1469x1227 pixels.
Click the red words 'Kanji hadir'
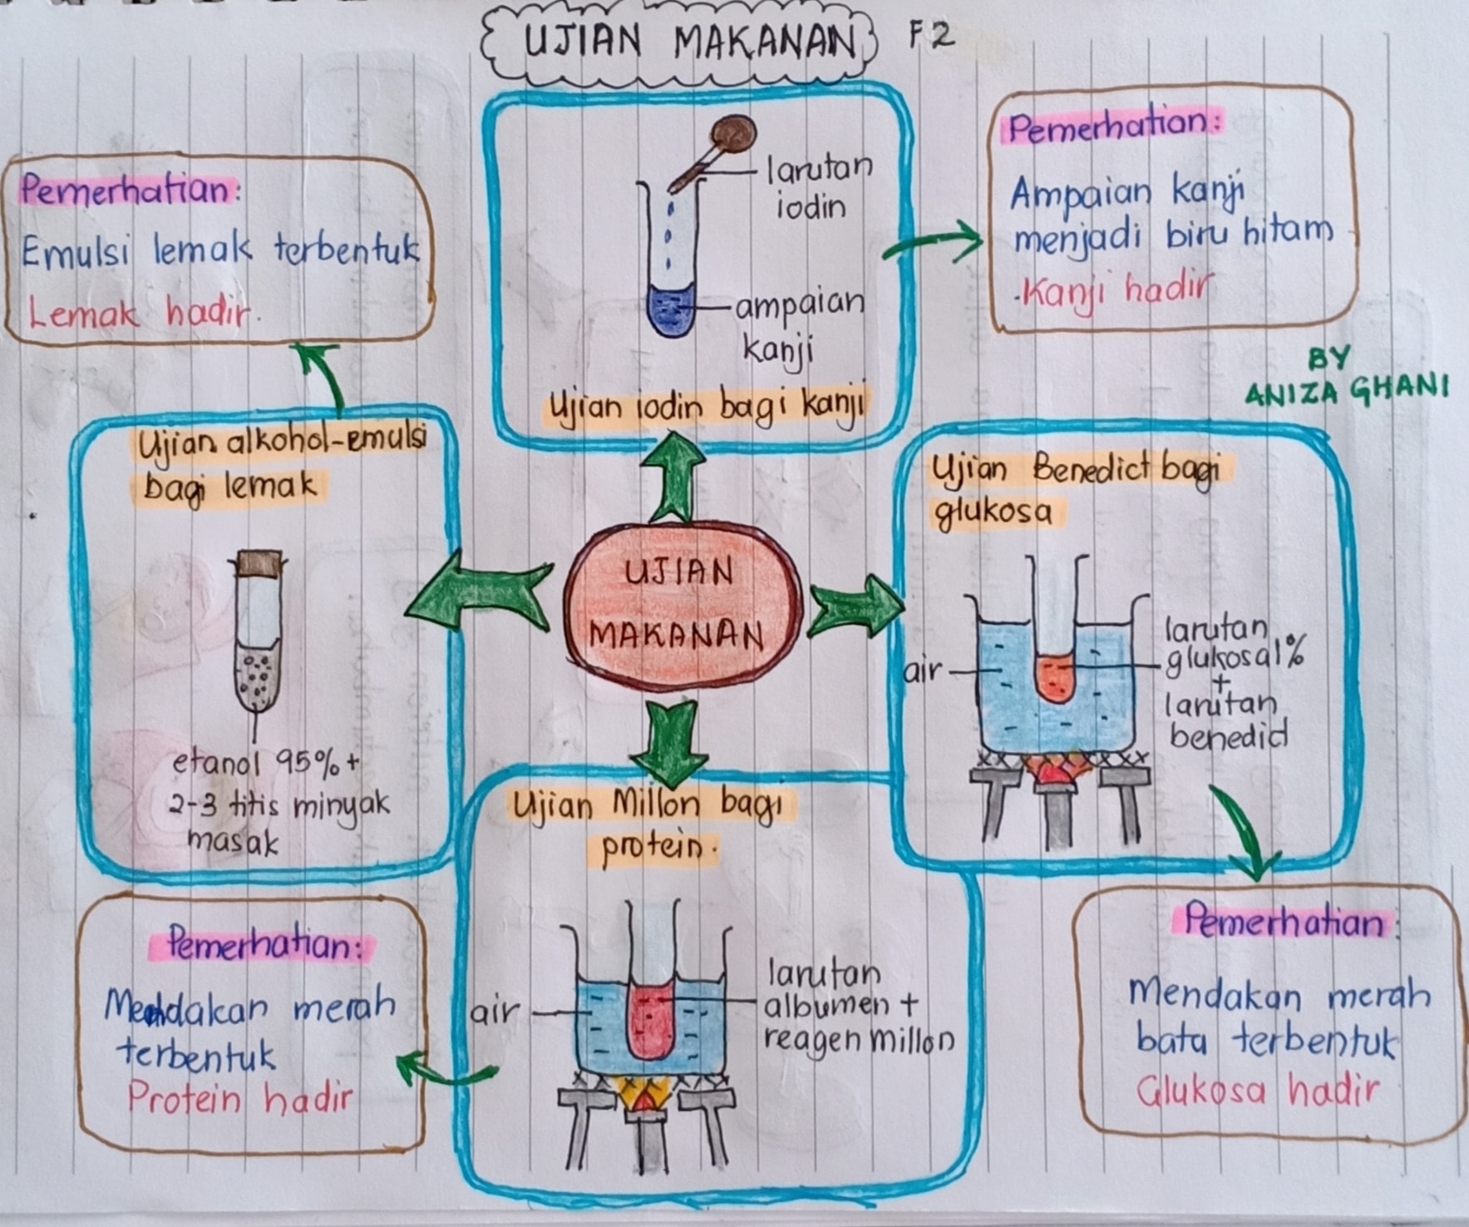1112,290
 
